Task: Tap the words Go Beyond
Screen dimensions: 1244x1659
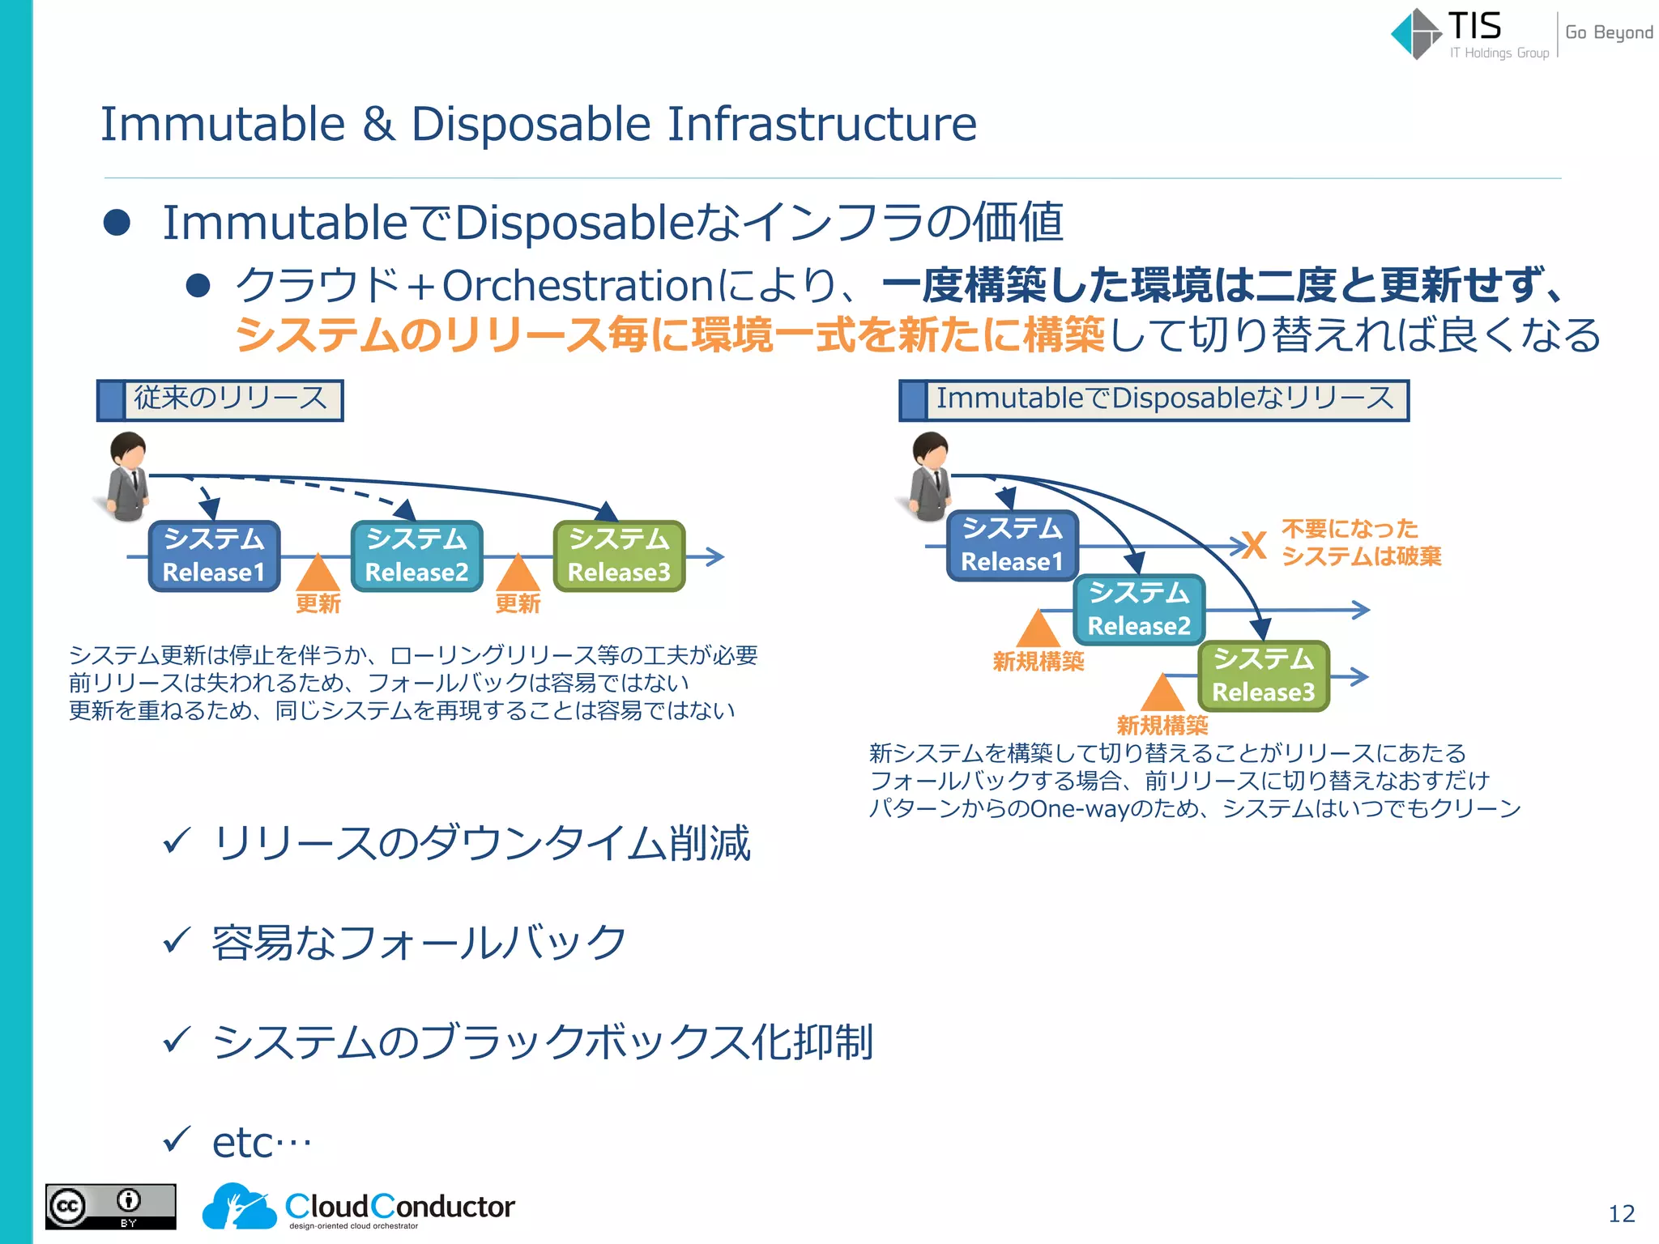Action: [x=1608, y=32]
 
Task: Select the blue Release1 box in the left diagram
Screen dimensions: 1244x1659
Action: [x=215, y=556]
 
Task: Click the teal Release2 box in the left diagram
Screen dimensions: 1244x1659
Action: [x=417, y=556]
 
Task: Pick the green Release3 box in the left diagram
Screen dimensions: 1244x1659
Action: [x=620, y=556]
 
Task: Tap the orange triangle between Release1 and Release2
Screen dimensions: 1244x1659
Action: [x=318, y=573]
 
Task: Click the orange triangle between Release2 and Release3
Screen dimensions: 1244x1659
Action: [x=518, y=573]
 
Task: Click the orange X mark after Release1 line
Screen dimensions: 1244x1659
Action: [x=1254, y=546]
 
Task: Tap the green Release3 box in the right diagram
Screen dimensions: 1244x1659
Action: [x=1263, y=675]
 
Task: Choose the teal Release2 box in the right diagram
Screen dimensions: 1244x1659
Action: [x=1139, y=609]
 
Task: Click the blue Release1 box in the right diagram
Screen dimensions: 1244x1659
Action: [x=1012, y=545]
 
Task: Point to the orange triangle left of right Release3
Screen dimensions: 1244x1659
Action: [x=1162, y=693]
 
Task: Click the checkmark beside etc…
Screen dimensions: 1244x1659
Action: [x=177, y=1140]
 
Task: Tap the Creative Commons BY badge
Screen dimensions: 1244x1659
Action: [x=110, y=1207]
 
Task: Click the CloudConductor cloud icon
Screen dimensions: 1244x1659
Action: [x=238, y=1207]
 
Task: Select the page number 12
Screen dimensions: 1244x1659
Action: [x=1621, y=1213]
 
